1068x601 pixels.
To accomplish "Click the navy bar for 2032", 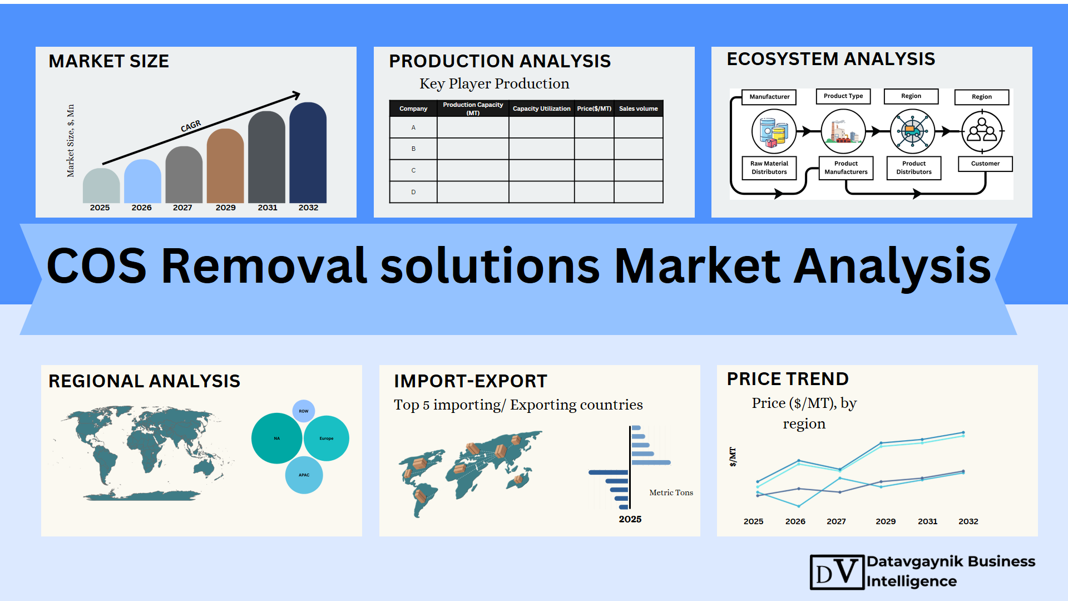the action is point(308,152).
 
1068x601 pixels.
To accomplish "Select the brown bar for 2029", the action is point(225,166).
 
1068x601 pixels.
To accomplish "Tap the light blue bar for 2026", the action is point(142,181).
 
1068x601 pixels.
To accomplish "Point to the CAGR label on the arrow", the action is point(191,126).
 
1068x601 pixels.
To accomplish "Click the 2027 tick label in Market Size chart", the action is point(182,208).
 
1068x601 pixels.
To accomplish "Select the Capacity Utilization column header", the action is point(541,109).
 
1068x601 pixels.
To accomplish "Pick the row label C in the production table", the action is point(413,170).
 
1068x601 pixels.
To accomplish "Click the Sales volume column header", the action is point(639,109).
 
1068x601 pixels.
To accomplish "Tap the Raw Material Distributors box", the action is point(769,168).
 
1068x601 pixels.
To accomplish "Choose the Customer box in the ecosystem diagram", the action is point(985,164).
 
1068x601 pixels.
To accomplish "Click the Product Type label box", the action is point(843,96).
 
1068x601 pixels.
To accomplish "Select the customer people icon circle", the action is point(982,132).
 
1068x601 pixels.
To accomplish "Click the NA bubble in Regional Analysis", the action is point(277,438).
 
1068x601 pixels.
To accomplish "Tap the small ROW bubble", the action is point(304,411).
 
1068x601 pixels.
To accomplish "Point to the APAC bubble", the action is point(304,475).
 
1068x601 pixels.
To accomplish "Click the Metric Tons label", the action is point(671,492).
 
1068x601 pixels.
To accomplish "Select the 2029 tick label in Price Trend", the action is point(886,521).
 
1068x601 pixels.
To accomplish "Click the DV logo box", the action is point(837,572).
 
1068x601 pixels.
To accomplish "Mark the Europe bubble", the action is point(327,438).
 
